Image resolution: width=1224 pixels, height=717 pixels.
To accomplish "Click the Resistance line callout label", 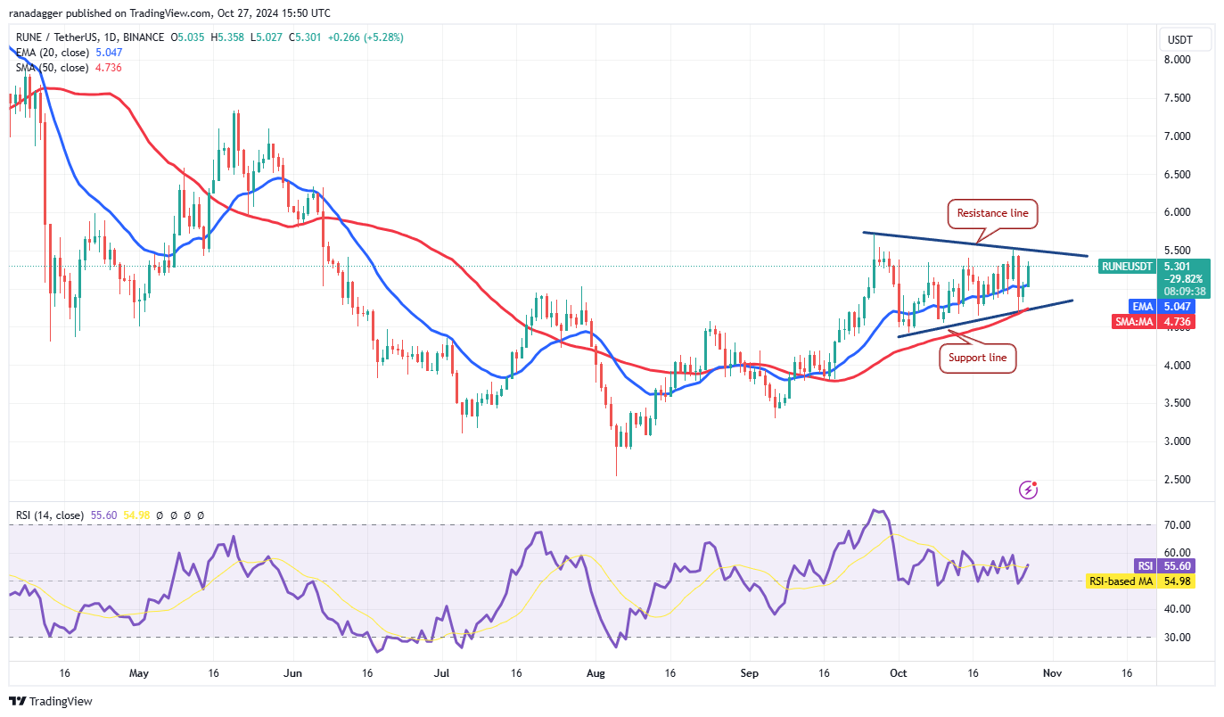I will [992, 213].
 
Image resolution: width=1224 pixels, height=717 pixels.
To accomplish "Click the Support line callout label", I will [977, 358].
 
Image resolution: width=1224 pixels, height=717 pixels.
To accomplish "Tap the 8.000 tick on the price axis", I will [1178, 60].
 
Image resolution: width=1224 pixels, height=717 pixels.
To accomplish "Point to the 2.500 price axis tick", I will [1178, 480].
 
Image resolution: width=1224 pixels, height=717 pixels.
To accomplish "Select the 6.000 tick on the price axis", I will [1178, 212].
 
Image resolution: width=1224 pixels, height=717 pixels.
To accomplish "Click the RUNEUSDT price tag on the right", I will [1127, 266].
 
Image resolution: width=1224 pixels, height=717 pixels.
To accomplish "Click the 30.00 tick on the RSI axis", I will [1178, 637].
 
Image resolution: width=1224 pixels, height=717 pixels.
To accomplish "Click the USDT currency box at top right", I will [1186, 39].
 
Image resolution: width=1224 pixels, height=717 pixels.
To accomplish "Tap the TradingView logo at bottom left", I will [51, 702].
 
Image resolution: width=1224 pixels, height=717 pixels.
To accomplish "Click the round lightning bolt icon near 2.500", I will [1028, 489].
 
